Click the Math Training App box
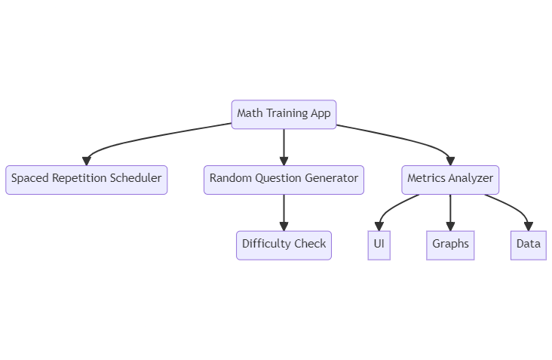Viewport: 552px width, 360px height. [284, 114]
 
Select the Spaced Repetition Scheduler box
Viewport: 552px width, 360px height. [86, 180]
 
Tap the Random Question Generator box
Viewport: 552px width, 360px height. [284, 180]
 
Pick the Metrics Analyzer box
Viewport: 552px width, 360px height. [450, 180]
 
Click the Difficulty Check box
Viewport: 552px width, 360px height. [284, 245]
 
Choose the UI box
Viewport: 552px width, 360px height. [379, 245]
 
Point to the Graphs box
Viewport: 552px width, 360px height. [450, 245]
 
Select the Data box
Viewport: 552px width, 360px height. [528, 245]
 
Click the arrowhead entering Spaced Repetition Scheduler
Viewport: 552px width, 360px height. [87, 160]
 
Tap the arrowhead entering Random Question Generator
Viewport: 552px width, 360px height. [284, 160]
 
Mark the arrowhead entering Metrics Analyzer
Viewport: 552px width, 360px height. [450, 160]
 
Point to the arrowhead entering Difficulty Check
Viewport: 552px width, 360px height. [284, 226]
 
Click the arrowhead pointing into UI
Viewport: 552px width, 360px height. [379, 226]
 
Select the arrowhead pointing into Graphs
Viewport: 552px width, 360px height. [450, 226]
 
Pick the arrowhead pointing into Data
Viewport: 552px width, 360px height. [528, 226]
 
